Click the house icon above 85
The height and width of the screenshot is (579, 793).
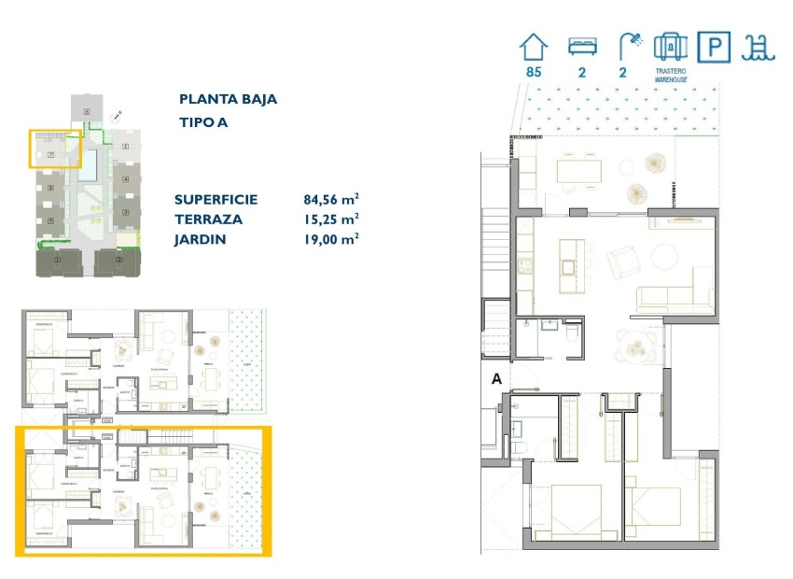534,47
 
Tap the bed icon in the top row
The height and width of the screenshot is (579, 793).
584,47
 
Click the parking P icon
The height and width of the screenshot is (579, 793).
711,47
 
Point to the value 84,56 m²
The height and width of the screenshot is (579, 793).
331,199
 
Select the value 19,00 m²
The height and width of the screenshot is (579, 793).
331,240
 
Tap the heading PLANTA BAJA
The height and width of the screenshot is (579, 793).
228,99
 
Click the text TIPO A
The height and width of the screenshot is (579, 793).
203,122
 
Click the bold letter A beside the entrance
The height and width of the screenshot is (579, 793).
496,379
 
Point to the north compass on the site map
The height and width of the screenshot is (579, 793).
117,116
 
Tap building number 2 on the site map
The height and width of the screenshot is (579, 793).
125,147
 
